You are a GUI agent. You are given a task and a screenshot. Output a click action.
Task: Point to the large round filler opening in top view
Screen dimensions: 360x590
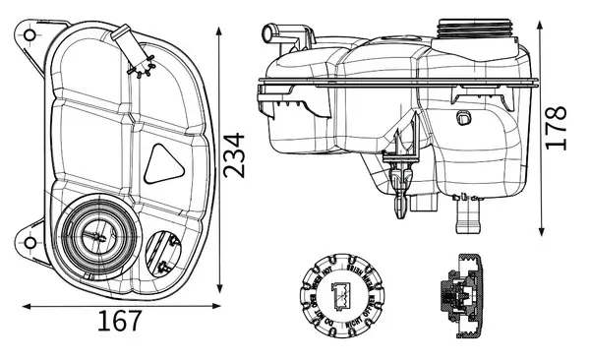click(x=95, y=235)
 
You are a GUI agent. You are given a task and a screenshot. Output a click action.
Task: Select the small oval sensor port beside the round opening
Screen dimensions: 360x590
click(x=161, y=253)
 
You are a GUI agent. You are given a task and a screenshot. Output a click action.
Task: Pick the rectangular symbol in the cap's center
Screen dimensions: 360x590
click(x=339, y=295)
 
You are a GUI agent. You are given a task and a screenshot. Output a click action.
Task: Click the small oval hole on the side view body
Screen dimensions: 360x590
click(x=463, y=119)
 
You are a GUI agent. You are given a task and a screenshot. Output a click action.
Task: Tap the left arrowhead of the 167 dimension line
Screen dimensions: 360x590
click(x=26, y=306)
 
